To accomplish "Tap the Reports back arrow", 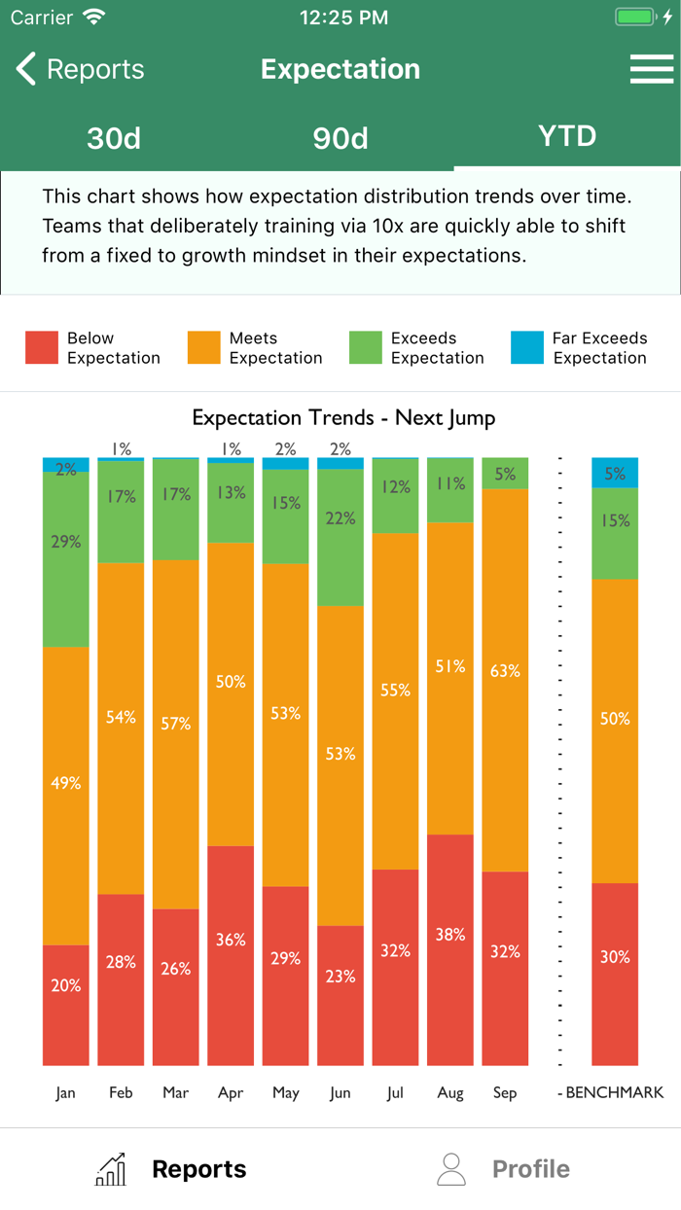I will (x=26, y=69).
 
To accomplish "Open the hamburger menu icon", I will (x=651, y=69).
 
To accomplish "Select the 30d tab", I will (x=114, y=138).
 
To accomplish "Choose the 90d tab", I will (x=340, y=138).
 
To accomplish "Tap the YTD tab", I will (x=567, y=136).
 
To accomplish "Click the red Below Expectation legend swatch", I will (x=42, y=348).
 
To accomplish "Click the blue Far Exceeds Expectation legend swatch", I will (x=527, y=348).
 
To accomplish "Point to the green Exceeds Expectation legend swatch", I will (x=366, y=348).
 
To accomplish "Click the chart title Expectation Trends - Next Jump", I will (x=343, y=418).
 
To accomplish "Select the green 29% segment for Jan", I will (x=66, y=559).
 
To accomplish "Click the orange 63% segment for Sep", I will (x=505, y=680).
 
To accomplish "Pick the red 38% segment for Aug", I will (x=450, y=949).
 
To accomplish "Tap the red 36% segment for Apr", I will (x=231, y=955).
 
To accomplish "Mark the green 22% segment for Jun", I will (x=340, y=537).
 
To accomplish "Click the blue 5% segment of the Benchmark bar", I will (x=615, y=473).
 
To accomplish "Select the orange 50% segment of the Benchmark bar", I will (x=615, y=730).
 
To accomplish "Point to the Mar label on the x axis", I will (x=176, y=1093).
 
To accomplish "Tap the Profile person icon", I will (x=451, y=1169).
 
